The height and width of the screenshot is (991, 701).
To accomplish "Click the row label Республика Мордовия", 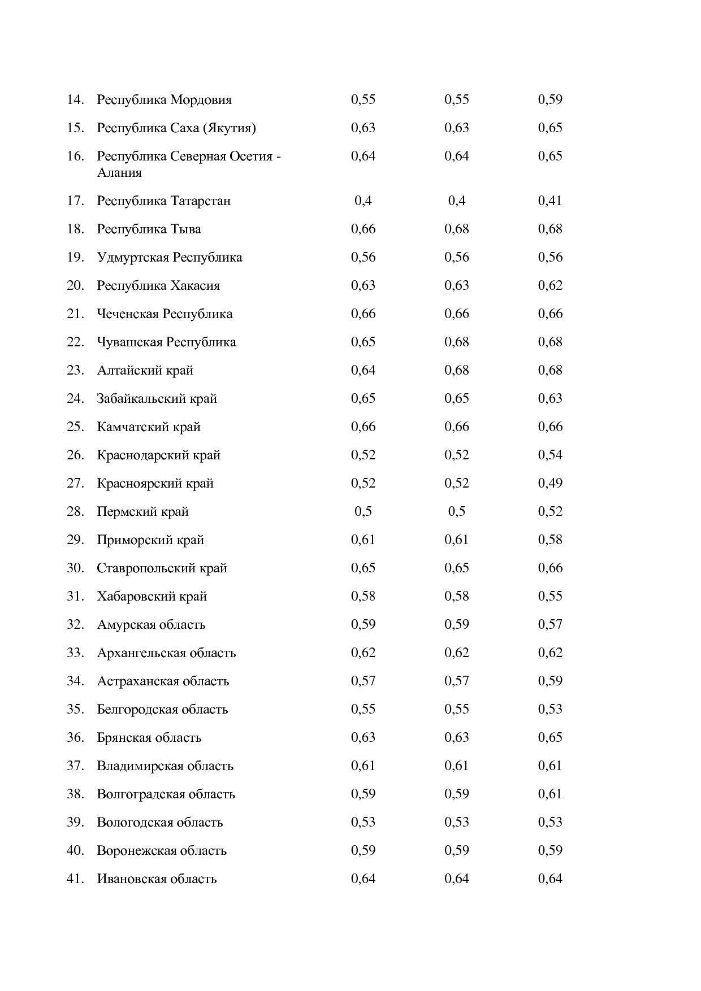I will (x=164, y=100).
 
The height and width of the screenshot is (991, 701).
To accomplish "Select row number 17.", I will (x=75, y=201).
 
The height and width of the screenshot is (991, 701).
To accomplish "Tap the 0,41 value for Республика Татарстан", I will (x=549, y=201).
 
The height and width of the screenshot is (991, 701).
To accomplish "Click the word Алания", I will (x=119, y=173).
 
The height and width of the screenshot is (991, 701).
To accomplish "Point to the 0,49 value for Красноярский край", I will (x=549, y=483).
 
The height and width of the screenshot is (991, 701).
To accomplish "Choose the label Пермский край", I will (x=142, y=512).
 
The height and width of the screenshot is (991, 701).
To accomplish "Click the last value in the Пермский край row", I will (x=549, y=511).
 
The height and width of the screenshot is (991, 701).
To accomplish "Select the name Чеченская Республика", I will (x=165, y=314).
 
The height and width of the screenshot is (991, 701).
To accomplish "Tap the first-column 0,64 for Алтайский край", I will (x=363, y=370).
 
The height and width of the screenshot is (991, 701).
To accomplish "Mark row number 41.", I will (x=75, y=879).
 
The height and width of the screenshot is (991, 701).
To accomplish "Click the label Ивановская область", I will (x=157, y=879).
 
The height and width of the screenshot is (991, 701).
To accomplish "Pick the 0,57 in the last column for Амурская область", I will (x=549, y=624).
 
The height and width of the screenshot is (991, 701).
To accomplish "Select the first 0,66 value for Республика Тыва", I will (x=363, y=229).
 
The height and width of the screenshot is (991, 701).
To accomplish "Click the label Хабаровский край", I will (x=152, y=597).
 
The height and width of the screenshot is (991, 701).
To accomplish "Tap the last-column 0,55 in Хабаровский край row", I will (x=549, y=596).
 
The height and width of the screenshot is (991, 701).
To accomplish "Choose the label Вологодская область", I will (x=159, y=823).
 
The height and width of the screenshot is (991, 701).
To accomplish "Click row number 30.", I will (x=75, y=568).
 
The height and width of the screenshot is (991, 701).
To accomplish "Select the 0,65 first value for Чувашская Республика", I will (x=363, y=342).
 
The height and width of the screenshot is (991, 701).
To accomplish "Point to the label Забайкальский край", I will (x=157, y=399).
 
